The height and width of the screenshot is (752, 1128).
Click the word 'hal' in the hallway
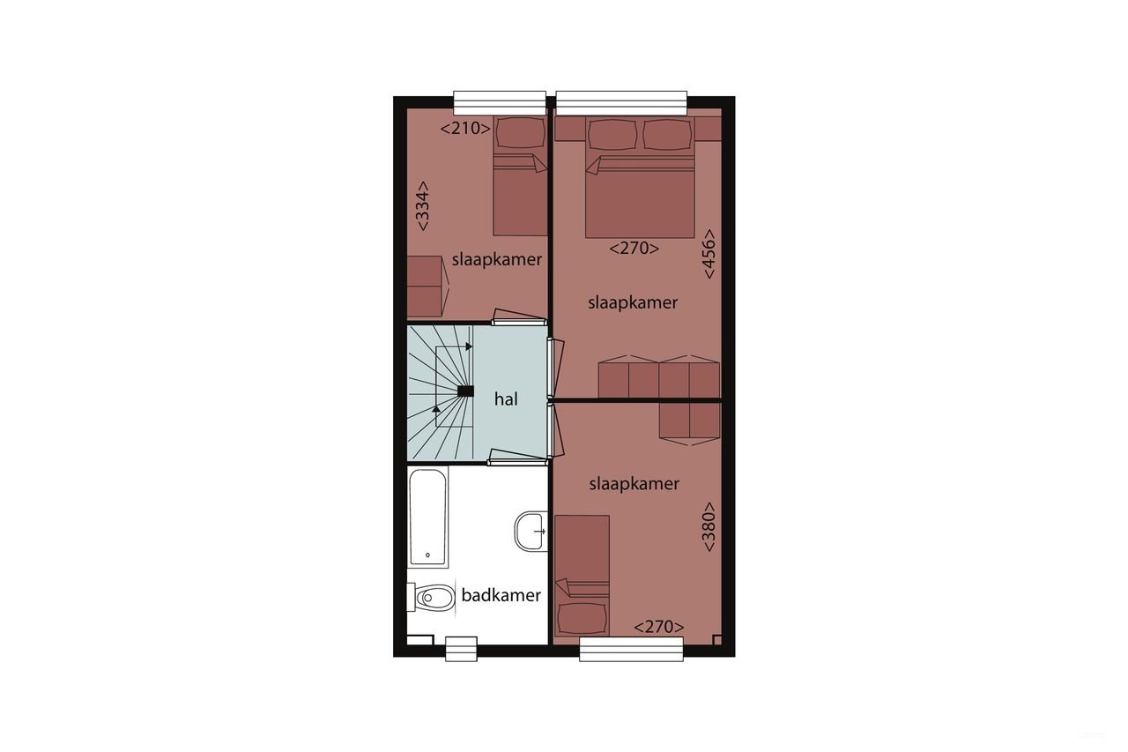506,398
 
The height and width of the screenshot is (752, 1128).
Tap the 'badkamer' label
501,595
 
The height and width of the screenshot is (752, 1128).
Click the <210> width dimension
465,129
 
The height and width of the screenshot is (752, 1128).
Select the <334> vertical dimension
423,206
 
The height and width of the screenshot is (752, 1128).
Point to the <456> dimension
709,254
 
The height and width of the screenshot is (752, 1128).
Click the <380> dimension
709,527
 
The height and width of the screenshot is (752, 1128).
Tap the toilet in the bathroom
427,599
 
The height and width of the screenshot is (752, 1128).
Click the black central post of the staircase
466,391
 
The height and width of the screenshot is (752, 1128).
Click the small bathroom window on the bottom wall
461,649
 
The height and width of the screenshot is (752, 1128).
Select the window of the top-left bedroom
500,103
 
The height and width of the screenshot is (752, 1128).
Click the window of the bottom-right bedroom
631,649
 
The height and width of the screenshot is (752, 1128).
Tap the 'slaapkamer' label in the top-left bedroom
496,260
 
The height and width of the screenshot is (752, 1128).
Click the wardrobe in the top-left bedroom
426,287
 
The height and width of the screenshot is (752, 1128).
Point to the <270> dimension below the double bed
634,249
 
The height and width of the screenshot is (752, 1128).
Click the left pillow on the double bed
612,135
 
